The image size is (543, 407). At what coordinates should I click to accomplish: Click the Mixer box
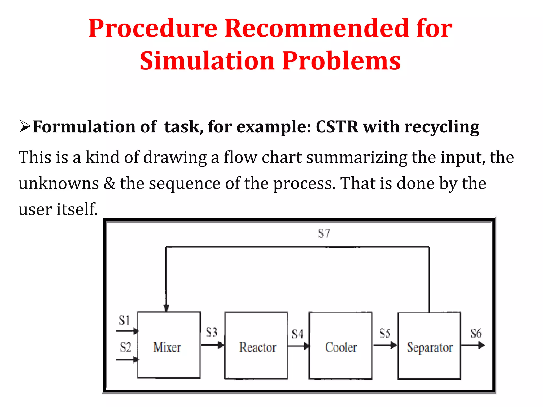tap(169, 345)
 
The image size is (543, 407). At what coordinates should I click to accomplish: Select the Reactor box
tap(256, 346)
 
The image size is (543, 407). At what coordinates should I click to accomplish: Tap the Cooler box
tap(340, 346)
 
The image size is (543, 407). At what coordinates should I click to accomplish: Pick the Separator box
tap(429, 346)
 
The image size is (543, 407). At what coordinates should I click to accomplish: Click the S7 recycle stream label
tap(324, 234)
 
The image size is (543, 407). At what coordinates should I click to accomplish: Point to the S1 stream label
tap(124, 320)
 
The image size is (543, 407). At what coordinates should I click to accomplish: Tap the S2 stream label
tap(125, 347)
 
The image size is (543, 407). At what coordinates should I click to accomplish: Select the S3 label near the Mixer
tap(212, 332)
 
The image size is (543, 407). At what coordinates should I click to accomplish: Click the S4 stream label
tap(297, 334)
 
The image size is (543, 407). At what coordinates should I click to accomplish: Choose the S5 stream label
tap(385, 333)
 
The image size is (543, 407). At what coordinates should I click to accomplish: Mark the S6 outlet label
tap(476, 333)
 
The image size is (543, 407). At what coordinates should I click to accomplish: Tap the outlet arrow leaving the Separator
tap(473, 345)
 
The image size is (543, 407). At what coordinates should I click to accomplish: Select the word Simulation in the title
tap(207, 61)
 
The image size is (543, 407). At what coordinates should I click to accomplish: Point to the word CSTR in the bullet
tap(337, 127)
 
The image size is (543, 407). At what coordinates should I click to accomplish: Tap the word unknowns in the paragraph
tap(59, 183)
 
